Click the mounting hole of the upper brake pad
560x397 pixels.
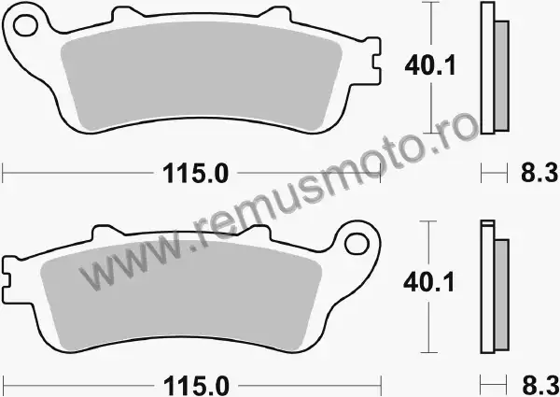(25, 25)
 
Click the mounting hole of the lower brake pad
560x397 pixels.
(357, 244)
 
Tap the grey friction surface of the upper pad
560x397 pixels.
(201, 77)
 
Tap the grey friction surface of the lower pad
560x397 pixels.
(181, 295)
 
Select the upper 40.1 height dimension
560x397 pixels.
(430, 65)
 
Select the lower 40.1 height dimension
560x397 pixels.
(429, 282)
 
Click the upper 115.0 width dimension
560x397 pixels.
(195, 174)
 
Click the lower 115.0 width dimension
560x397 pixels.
(196, 387)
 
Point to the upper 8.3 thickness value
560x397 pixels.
(539, 173)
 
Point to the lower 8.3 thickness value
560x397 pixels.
(540, 386)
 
